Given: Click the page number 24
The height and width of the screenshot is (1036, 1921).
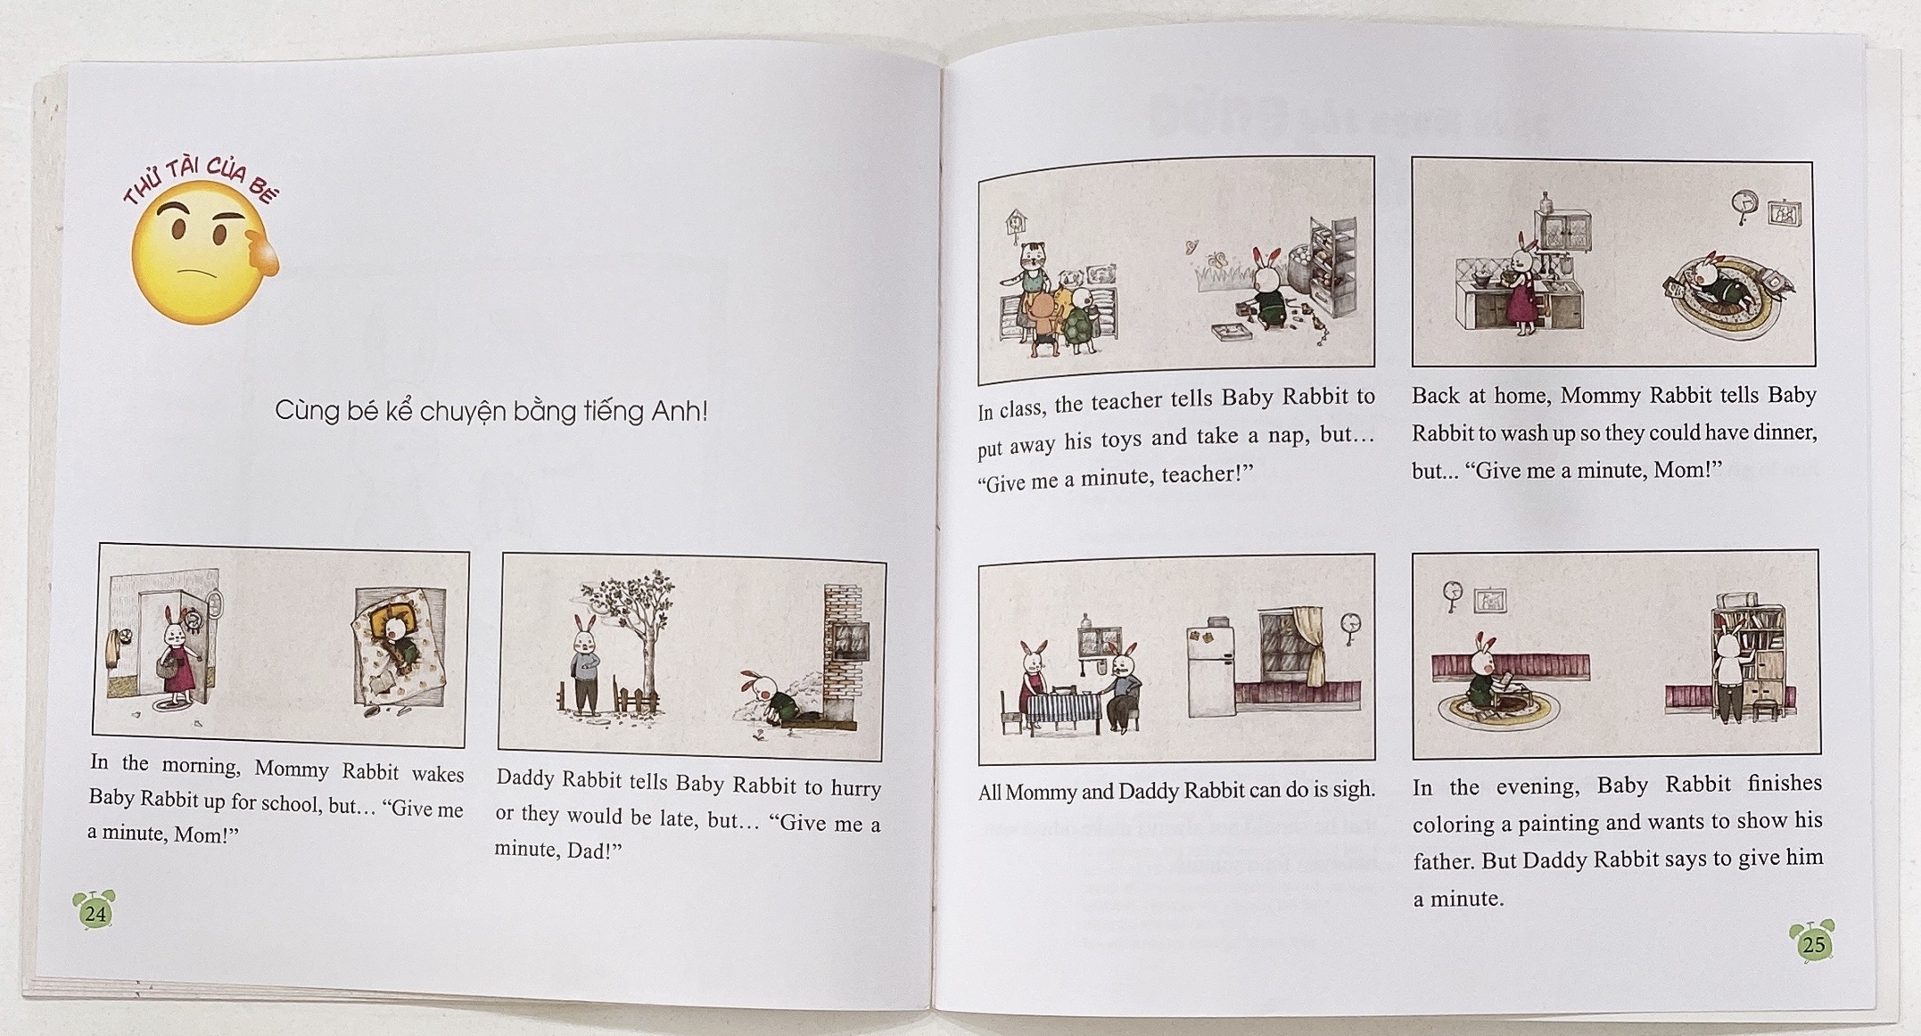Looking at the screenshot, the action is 95,913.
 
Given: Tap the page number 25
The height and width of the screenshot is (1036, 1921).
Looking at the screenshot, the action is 1814,944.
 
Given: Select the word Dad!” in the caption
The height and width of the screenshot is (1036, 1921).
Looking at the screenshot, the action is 594,850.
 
